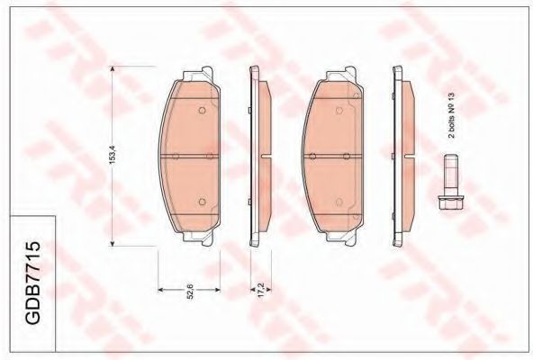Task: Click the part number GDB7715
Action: (33, 283)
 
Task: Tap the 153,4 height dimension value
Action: (113, 155)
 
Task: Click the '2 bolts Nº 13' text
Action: (451, 115)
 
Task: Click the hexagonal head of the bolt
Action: (451, 202)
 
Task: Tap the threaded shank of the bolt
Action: (451, 175)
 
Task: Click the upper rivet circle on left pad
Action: (202, 110)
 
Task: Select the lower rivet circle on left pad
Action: (202, 202)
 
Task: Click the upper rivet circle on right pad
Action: (339, 110)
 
